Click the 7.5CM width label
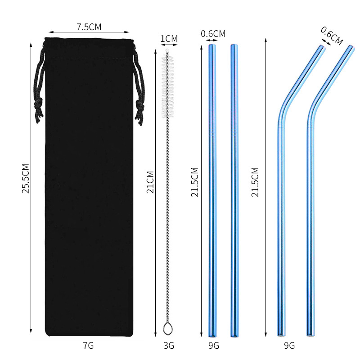[89, 27]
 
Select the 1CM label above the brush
[169, 39]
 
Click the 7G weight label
[88, 346]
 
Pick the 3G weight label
[168, 346]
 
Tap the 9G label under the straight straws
[214, 346]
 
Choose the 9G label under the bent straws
[289, 346]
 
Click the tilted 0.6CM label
[332, 36]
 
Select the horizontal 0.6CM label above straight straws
[213, 33]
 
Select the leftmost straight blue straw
[212, 189]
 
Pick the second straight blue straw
[234, 189]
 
